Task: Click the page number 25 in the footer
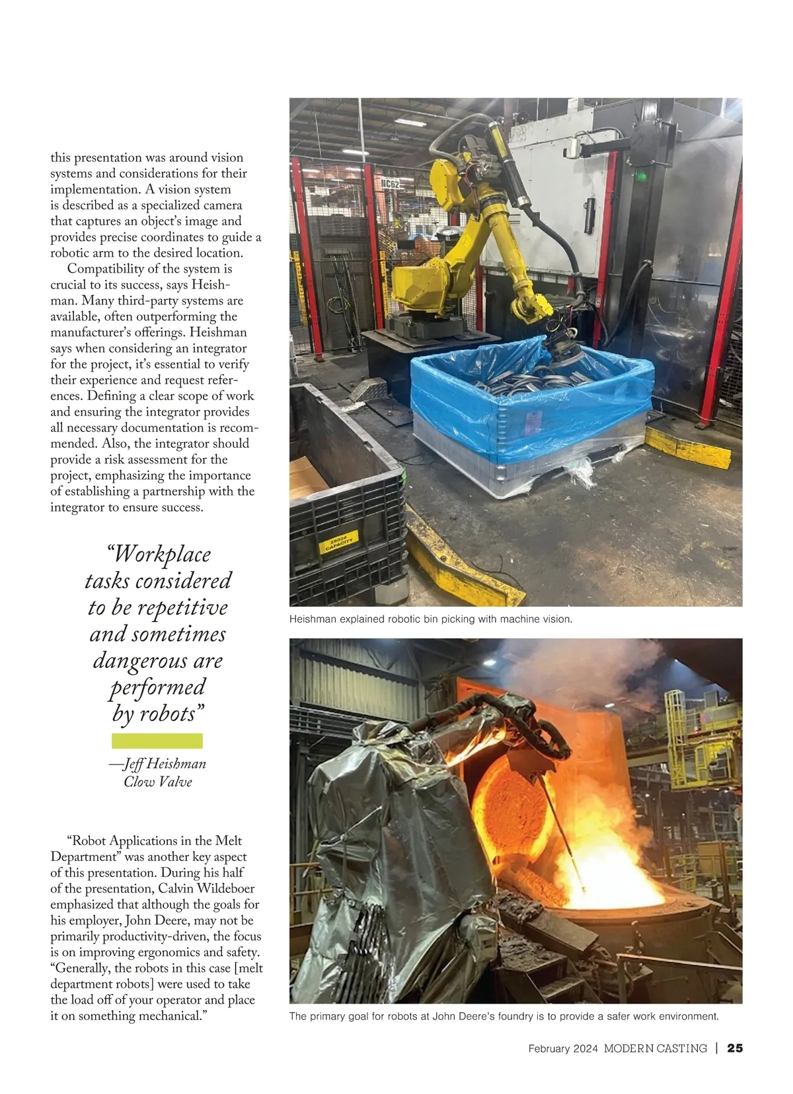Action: (735, 1048)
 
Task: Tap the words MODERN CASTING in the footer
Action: (655, 1048)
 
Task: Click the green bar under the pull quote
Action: (157, 741)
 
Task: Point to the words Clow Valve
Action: (158, 782)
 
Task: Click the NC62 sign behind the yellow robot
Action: (391, 184)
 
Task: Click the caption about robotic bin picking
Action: (431, 619)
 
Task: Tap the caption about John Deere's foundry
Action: (504, 1016)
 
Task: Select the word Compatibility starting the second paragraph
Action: (106, 269)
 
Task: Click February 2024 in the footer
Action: (563, 1048)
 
